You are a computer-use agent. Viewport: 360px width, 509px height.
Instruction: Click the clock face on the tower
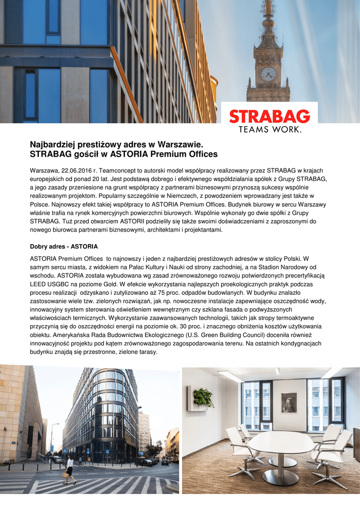click(269, 74)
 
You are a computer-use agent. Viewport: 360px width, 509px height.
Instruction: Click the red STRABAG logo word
click(270, 117)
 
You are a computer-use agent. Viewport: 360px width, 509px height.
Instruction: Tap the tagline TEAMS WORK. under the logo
click(270, 130)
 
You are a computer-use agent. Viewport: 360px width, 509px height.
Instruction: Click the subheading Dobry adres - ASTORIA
click(64, 247)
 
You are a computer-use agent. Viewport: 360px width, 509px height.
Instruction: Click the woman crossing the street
click(70, 469)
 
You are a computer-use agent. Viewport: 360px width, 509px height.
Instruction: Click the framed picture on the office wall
click(288, 403)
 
